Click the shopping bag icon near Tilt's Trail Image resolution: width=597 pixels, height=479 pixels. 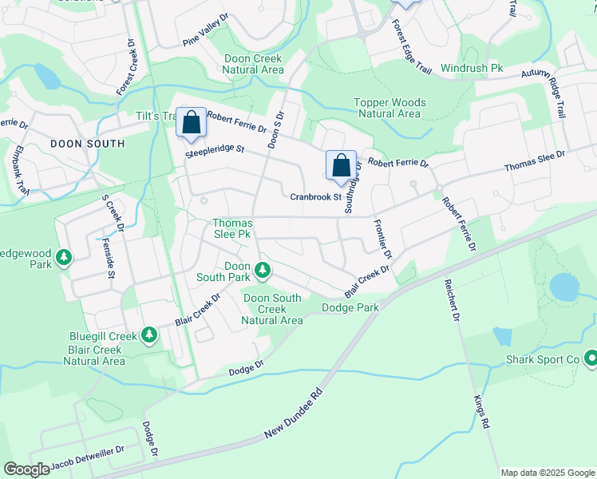pos(191,124)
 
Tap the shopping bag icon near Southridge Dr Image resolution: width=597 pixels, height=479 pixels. pos(341,166)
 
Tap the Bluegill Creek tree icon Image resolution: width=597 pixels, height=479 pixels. pos(148,335)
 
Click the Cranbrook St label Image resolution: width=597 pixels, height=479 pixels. pos(315,196)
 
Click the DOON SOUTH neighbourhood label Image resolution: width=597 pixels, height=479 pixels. pos(87,144)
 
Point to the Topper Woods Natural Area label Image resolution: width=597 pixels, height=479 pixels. pos(390,108)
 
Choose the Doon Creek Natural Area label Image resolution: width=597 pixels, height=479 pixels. pos(252,64)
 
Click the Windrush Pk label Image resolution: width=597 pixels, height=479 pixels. pos(472,69)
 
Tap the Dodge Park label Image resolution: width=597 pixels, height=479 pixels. pos(350,307)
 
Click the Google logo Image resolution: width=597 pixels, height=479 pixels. pos(26,469)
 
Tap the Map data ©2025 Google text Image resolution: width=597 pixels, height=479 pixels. pos(548,473)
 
